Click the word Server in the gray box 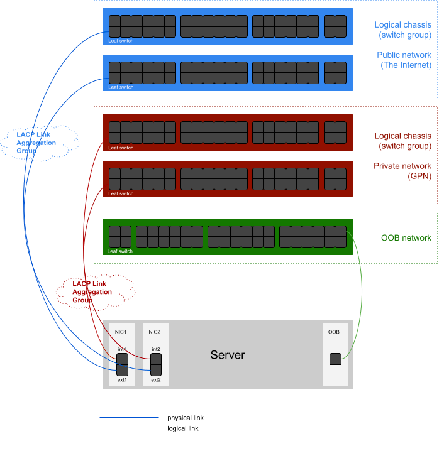(x=228, y=356)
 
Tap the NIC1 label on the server (x=121, y=332)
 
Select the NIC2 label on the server (x=155, y=332)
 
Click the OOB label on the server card (x=334, y=332)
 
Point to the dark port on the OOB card (x=336, y=359)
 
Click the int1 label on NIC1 (x=122, y=349)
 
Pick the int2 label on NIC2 (x=156, y=349)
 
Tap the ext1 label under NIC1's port (x=122, y=380)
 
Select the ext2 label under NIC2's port (x=156, y=380)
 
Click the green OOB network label (x=406, y=238)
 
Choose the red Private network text (x=403, y=171)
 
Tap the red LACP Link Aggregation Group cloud (x=94, y=291)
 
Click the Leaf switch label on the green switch (x=120, y=251)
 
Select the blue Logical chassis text (x=403, y=30)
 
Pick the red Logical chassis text (x=403, y=141)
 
